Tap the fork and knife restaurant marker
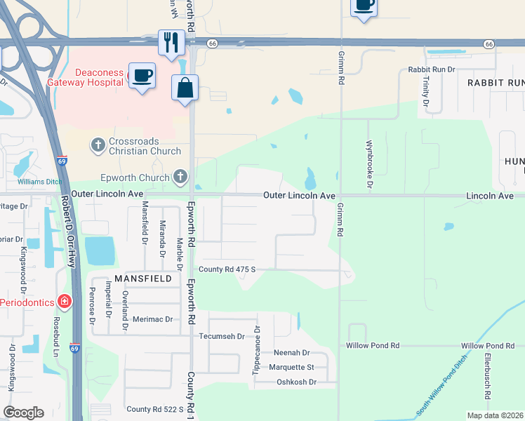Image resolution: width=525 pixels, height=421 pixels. click(171, 43)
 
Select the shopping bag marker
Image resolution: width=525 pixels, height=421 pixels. click(185, 88)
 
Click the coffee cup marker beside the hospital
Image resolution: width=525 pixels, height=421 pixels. click(142, 75)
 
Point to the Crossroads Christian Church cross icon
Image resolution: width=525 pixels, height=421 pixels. click(98, 145)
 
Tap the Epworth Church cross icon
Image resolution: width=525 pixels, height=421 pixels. click(180, 177)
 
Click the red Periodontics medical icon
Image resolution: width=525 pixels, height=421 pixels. click(65, 302)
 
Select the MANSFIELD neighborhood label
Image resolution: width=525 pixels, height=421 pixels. click(148, 279)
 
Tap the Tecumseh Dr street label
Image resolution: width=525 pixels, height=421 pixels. click(222, 336)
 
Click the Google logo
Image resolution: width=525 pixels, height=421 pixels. click(23, 413)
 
